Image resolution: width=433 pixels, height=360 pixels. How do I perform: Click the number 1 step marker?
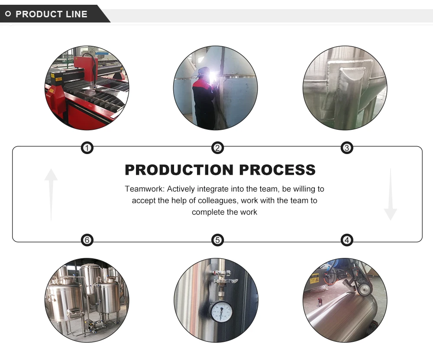(87, 148)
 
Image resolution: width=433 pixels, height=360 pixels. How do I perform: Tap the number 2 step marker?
(217, 148)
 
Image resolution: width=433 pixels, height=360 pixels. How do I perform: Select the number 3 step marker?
(346, 148)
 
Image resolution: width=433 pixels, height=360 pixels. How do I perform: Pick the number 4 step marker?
(346, 240)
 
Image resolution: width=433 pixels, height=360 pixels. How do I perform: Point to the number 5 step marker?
(217, 240)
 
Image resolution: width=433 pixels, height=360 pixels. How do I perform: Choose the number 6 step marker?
(87, 240)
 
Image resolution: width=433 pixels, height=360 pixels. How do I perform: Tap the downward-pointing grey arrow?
(390, 195)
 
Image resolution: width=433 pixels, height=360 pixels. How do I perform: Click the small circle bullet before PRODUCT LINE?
(8, 14)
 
